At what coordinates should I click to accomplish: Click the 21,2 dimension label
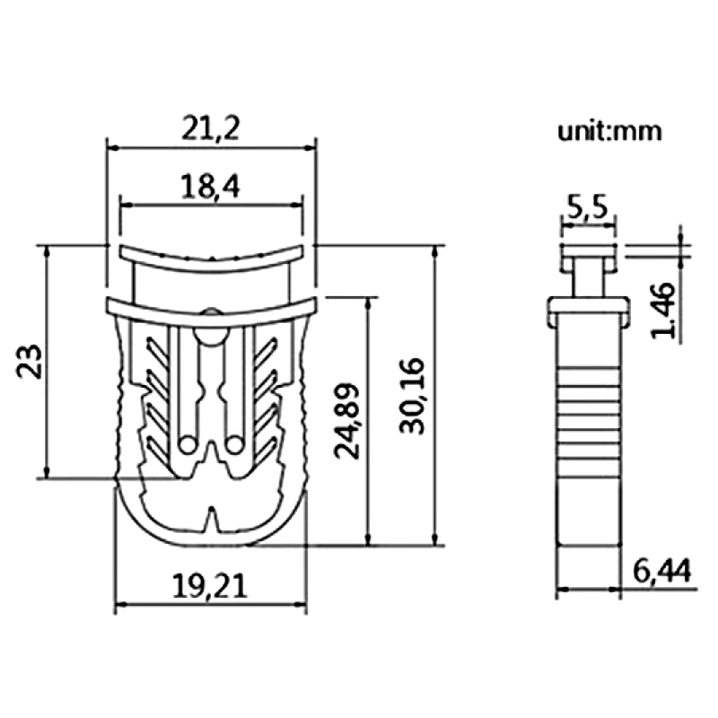tap(211, 128)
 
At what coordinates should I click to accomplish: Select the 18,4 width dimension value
tap(210, 187)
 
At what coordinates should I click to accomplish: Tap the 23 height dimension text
tap(30, 362)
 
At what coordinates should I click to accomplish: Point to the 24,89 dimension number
tap(346, 421)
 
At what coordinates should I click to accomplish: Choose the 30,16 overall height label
tap(412, 396)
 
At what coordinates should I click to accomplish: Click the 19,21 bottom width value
tap(210, 587)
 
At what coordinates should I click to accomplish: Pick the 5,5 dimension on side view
tap(588, 207)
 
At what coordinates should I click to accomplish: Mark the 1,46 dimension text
tap(663, 311)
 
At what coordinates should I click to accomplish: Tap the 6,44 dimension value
tap(661, 571)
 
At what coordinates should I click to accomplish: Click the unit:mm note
tap(609, 131)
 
